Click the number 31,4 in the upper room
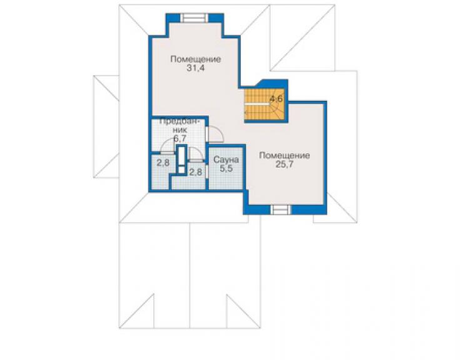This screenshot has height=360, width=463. click(195, 68)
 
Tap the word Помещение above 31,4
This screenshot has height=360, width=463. click(195, 59)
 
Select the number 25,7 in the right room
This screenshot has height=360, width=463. click(284, 165)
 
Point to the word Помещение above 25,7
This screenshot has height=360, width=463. click(284, 155)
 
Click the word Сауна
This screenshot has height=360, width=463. click(226, 160)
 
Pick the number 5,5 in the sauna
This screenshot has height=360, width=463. click(226, 168)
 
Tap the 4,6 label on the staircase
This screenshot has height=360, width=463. click(276, 99)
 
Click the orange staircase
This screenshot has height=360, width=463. click(264, 105)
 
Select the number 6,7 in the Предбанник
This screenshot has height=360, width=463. click(180, 138)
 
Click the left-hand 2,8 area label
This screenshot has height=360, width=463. click(163, 163)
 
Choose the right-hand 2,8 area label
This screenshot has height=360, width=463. click(195, 172)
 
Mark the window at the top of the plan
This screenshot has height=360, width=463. click(195, 18)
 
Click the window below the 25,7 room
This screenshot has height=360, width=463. click(281, 210)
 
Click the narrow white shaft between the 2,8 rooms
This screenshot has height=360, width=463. click(181, 159)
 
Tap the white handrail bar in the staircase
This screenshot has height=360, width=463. click(256, 105)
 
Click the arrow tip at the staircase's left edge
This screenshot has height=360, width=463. click(245, 113)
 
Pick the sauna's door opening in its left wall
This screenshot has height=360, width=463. click(206, 172)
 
